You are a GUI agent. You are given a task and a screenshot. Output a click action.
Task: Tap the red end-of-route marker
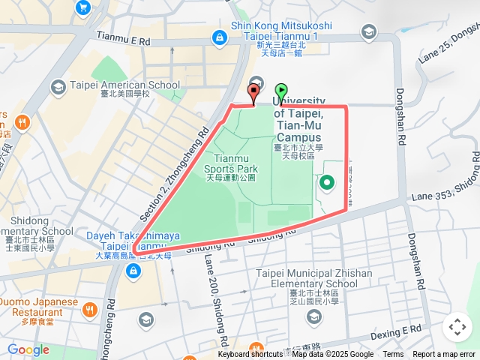pyautogui.click(x=253, y=93)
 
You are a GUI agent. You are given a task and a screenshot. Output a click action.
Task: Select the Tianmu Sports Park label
pyautogui.click(x=231, y=168)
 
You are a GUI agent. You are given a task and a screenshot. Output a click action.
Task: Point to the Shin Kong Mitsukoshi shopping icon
pyautogui.click(x=219, y=35)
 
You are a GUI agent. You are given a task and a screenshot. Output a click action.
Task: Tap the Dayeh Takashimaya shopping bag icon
pyautogui.click(x=133, y=271)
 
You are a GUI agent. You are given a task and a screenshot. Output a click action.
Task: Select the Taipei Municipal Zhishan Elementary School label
pyautogui.click(x=313, y=278)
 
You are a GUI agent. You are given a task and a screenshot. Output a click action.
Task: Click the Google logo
pyautogui.click(x=28, y=350)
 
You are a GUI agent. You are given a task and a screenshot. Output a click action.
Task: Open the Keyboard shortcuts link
pyautogui.click(x=250, y=355)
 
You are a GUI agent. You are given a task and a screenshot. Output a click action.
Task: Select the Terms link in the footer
pyautogui.click(x=393, y=355)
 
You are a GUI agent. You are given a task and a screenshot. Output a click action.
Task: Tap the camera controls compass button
pyautogui.click(x=457, y=327)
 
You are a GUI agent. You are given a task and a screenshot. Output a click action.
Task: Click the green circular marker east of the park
pyautogui.click(x=327, y=182)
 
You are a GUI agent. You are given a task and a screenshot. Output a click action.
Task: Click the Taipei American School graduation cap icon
pyautogui.click(x=58, y=88)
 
